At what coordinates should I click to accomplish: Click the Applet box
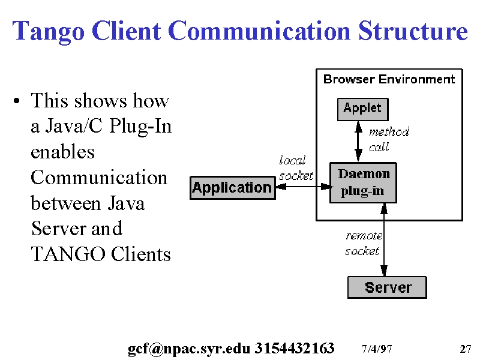pyautogui.click(x=363, y=109)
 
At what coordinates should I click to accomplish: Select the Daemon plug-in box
pyautogui.click(x=363, y=183)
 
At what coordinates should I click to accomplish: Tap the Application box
pyautogui.click(x=233, y=188)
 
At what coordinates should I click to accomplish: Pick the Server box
pyautogui.click(x=387, y=287)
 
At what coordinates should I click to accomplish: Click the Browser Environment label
pyautogui.click(x=389, y=79)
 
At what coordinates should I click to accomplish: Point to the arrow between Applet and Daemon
pyautogui.click(x=358, y=142)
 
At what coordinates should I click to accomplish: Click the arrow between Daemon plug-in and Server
pyautogui.click(x=384, y=239)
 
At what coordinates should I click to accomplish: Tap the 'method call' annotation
pyautogui.click(x=389, y=140)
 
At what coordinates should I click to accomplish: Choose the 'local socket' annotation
pyautogui.click(x=296, y=168)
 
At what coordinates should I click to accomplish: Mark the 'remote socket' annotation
pyautogui.click(x=364, y=244)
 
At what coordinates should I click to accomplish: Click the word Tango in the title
pyautogui.click(x=49, y=31)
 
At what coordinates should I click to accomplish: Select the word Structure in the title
pyautogui.click(x=413, y=31)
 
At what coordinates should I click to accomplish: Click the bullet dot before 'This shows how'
pyautogui.click(x=17, y=101)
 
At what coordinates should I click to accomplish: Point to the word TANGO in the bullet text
pyautogui.click(x=68, y=254)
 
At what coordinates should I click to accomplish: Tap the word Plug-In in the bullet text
pyautogui.click(x=140, y=127)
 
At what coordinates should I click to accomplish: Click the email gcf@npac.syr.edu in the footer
pyautogui.click(x=189, y=349)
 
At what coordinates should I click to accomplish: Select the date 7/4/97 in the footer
pyautogui.click(x=377, y=349)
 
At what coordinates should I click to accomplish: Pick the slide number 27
pyautogui.click(x=466, y=349)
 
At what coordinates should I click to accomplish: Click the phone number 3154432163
pyautogui.click(x=295, y=348)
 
